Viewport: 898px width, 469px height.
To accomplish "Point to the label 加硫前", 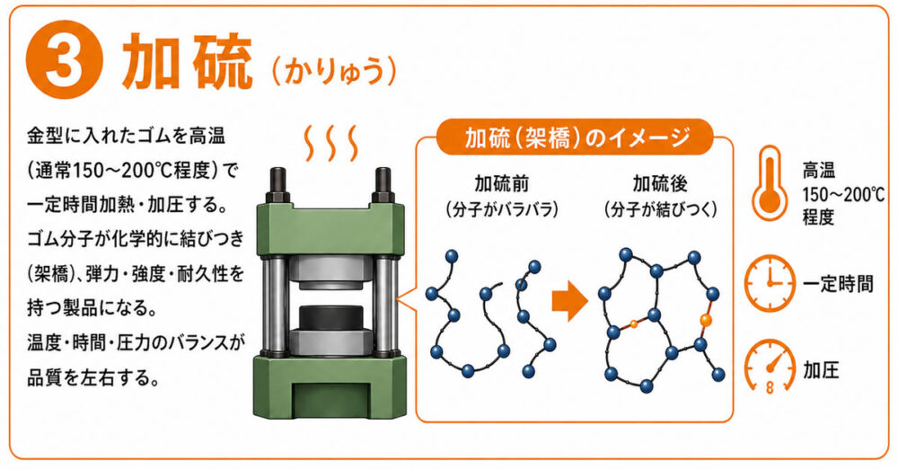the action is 502,184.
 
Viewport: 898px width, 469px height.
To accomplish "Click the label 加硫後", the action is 660,184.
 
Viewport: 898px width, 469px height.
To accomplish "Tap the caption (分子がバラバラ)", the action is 502,210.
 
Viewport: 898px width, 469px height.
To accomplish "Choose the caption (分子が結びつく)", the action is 660,210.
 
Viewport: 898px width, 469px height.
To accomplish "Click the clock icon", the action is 770,283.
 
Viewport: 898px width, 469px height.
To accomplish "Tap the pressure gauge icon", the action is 770,367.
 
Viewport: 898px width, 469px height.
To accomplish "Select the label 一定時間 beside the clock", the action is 838,284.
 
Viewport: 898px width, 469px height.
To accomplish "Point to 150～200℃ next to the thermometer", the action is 843,195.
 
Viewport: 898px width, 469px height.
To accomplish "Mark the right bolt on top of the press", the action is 383,184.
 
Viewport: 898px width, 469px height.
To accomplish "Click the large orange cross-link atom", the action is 705,320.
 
